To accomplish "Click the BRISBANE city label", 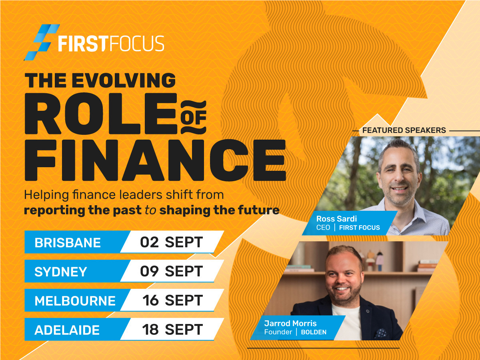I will tap(68, 242).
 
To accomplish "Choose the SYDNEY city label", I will tap(61, 272).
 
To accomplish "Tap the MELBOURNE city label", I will tap(75, 301).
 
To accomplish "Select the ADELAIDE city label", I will tap(67, 330).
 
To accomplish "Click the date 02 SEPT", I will tap(171, 242).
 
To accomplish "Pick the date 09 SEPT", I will tap(171, 271).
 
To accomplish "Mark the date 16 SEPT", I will tap(172, 300).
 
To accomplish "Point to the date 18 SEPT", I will tap(172, 330).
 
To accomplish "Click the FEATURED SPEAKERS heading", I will tap(404, 130).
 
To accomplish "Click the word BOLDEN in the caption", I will tap(314, 332).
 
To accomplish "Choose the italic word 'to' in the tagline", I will tap(150, 210).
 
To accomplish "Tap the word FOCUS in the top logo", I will tap(136, 44).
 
